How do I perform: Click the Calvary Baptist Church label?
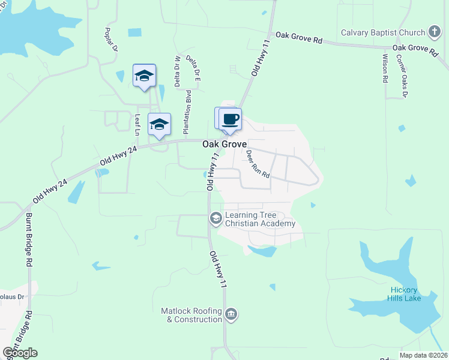tap(382, 32)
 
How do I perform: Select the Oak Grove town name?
tap(224, 145)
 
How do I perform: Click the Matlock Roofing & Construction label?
tap(191, 315)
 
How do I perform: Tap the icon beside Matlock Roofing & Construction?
tap(232, 314)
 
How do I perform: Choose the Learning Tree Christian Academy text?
tap(260, 220)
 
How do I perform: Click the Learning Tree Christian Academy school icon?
tap(215, 219)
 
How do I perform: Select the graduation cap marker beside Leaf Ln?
tap(159, 124)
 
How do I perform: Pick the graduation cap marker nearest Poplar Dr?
tap(144, 75)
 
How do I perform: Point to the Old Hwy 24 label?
tap(119, 158)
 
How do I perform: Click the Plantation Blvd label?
tap(187, 112)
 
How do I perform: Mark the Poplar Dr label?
tap(109, 40)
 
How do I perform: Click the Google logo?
tap(20, 353)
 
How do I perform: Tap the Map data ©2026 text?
tap(423, 355)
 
